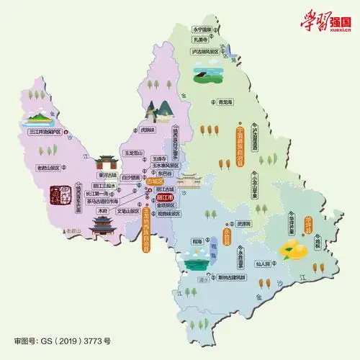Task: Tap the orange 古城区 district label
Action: (154, 181)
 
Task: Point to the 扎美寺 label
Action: (202, 41)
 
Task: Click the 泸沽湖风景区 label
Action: (210, 52)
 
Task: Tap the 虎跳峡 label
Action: (148, 130)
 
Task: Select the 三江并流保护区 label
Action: (45, 132)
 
